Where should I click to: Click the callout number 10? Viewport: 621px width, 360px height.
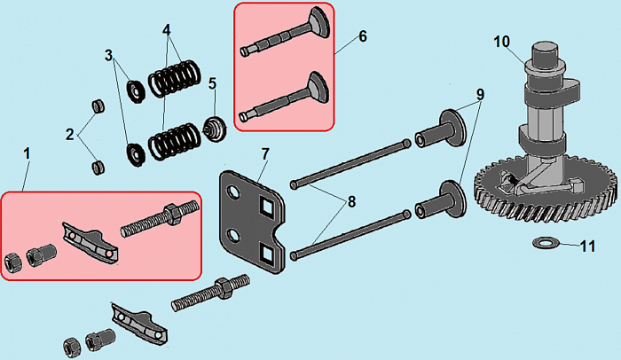tap(502, 42)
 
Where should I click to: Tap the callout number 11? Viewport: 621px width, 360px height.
tap(587, 247)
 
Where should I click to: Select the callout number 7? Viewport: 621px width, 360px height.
tap(265, 154)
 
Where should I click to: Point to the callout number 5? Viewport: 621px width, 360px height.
tap(213, 83)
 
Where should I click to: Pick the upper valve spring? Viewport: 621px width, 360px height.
tap(175, 78)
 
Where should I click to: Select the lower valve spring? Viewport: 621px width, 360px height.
tap(175, 141)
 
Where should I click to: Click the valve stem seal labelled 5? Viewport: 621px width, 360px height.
tap(215, 129)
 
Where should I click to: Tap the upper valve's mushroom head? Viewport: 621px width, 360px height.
tap(319, 22)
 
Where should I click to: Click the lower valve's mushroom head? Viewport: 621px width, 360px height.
tap(318, 88)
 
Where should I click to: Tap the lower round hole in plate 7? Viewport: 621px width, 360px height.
tap(233, 237)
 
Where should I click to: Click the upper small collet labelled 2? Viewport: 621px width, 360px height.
tap(98, 106)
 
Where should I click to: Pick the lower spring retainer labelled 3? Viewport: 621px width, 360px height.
tap(136, 154)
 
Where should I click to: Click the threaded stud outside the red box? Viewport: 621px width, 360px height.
tap(211, 293)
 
